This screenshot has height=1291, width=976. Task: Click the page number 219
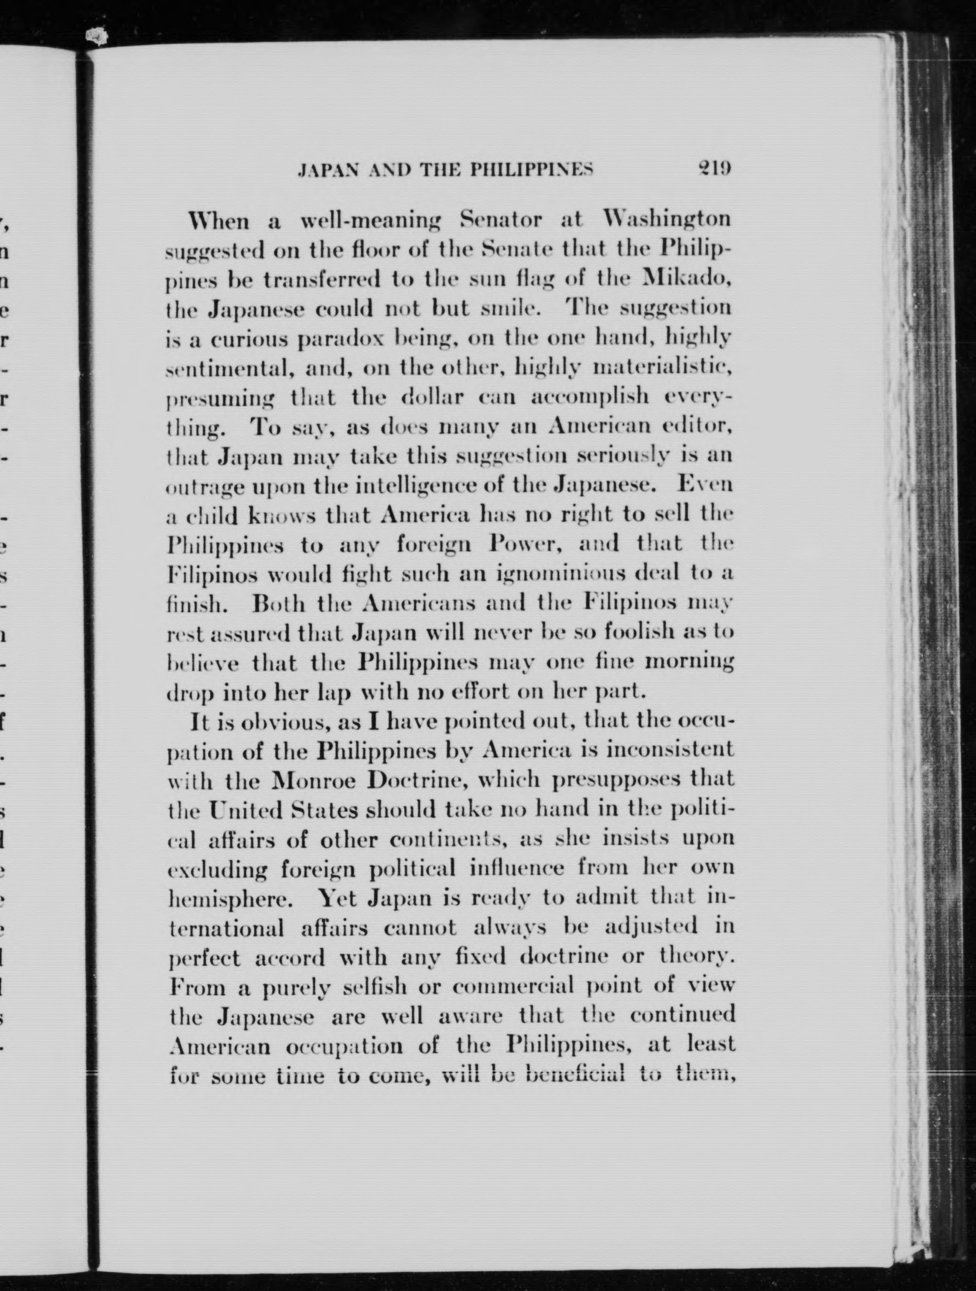click(713, 169)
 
